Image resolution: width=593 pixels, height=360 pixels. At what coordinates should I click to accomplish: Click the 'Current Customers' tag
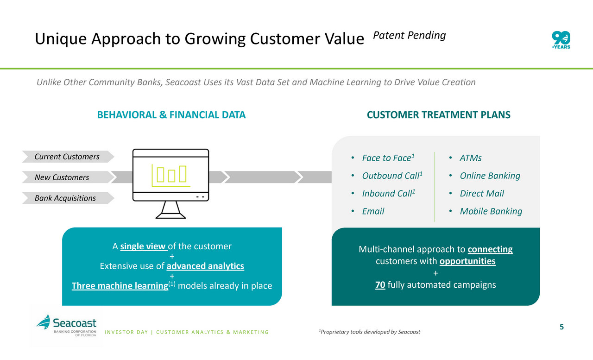(67, 157)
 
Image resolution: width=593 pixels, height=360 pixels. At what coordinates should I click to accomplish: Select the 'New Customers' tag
(62, 177)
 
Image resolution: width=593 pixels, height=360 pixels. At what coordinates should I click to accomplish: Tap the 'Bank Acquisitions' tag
(65, 198)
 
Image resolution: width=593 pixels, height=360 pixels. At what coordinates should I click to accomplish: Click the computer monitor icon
(170, 183)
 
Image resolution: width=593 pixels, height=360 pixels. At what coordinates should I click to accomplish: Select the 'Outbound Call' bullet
(392, 176)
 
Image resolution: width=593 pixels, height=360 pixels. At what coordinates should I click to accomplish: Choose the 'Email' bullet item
(373, 211)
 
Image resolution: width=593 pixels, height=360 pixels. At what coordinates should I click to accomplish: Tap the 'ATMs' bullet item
(470, 158)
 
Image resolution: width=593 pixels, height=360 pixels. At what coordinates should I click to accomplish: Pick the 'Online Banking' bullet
(490, 176)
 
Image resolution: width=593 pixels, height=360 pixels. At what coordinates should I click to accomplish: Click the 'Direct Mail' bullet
(481, 193)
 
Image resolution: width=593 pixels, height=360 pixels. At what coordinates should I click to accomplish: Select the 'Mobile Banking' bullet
(491, 211)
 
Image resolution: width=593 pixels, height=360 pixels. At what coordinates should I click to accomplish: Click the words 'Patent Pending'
(409, 35)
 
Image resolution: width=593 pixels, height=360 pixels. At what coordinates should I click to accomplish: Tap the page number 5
(561, 327)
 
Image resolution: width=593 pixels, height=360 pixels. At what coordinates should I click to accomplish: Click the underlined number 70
(380, 284)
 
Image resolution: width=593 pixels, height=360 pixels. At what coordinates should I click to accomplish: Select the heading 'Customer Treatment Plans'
(438, 115)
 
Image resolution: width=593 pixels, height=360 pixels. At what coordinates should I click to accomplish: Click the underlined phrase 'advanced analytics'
(205, 266)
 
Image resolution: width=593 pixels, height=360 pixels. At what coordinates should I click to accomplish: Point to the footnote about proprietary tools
(370, 332)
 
